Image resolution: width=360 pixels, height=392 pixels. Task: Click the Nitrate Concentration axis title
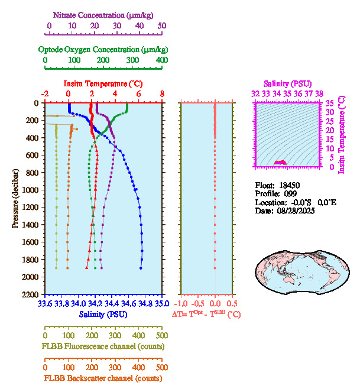(105, 14)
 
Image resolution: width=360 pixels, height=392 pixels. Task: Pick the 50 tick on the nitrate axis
(162, 26)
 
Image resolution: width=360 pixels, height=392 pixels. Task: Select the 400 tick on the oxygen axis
(161, 60)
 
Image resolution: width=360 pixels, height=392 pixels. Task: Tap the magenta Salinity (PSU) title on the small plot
(287, 84)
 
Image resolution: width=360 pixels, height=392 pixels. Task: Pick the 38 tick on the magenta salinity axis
(319, 93)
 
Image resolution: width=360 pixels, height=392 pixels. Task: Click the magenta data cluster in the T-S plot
(280, 163)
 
